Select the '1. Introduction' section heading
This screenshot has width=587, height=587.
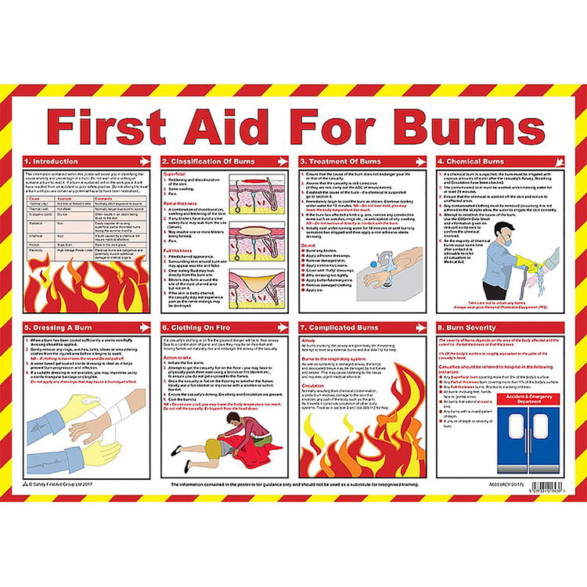click(x=54, y=160)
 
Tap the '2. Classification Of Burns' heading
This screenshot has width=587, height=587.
click(x=202, y=160)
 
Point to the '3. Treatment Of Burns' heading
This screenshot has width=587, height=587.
click(x=338, y=160)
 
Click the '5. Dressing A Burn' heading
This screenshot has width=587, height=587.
click(x=57, y=328)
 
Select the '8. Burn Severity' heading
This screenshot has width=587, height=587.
click(x=468, y=328)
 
